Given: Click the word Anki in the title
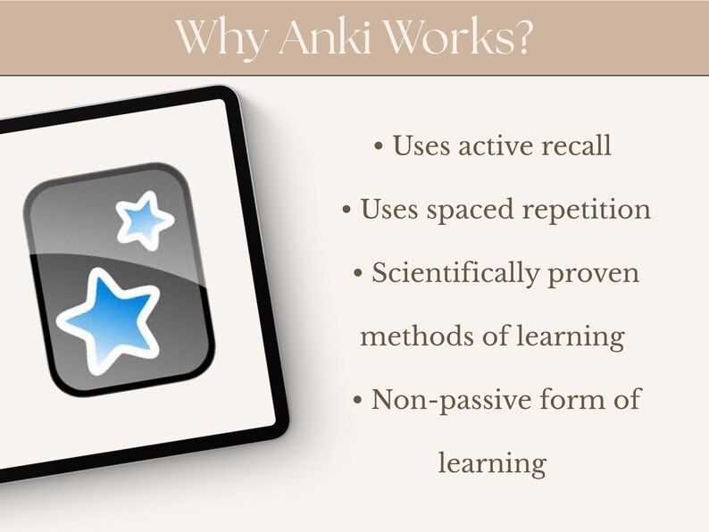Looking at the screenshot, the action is point(324,37).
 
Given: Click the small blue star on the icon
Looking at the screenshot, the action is point(145,220).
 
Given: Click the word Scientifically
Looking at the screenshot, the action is point(455,274).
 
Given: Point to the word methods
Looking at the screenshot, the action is point(417,337).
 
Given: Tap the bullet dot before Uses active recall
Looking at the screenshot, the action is point(379,146).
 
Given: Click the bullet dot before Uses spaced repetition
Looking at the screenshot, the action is point(346,210).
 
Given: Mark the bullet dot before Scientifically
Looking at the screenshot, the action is point(358,273).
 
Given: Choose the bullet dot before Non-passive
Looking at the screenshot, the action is point(358,400).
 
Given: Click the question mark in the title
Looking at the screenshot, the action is point(522,37).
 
